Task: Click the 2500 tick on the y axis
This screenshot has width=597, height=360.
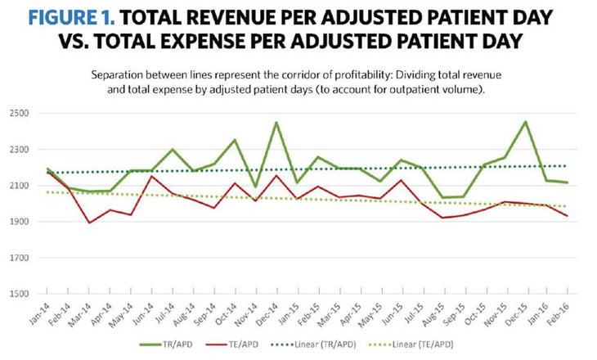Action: tap(19, 114)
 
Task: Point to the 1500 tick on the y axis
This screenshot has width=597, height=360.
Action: tap(19, 294)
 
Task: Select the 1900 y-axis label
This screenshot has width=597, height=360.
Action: tap(19, 222)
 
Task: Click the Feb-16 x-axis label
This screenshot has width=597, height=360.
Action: tap(565, 313)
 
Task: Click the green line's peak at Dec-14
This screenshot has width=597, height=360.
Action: tap(277, 123)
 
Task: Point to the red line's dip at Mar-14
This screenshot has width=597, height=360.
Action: tap(88, 223)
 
